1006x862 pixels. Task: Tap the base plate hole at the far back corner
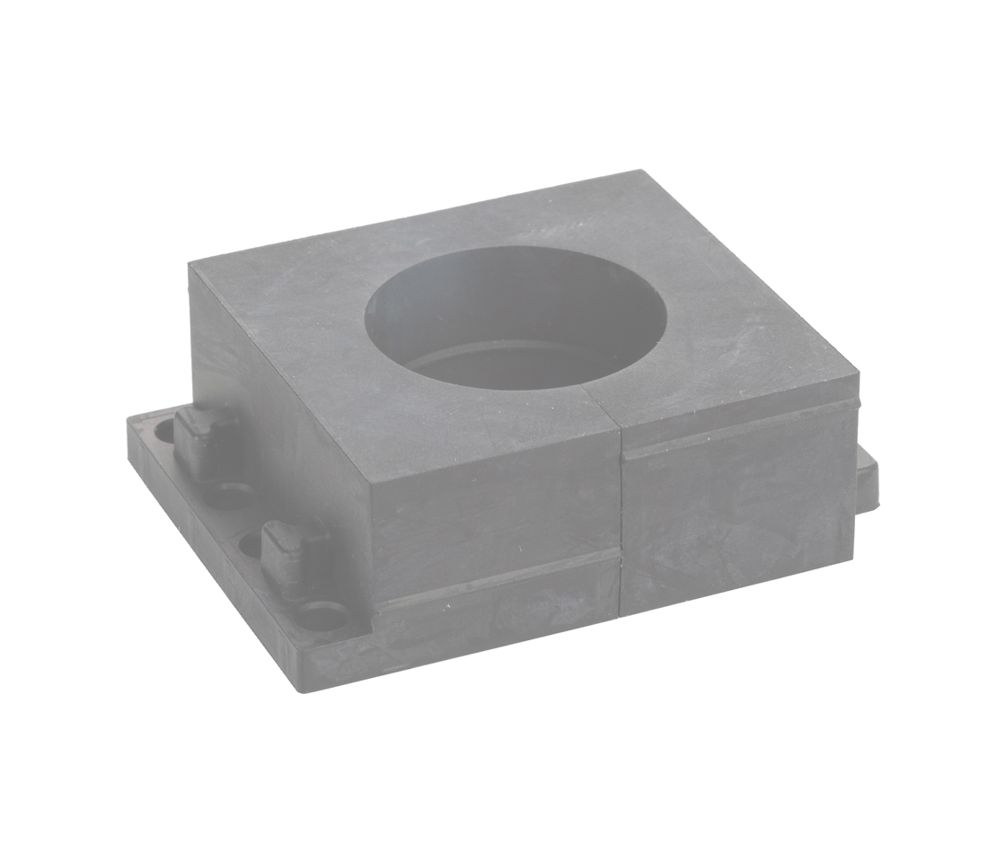pos(165,430)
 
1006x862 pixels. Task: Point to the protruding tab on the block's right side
pos(867,476)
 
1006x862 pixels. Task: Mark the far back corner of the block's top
pos(639,172)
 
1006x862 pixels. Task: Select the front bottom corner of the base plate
pos(300,690)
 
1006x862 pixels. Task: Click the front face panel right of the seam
pos(737,512)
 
